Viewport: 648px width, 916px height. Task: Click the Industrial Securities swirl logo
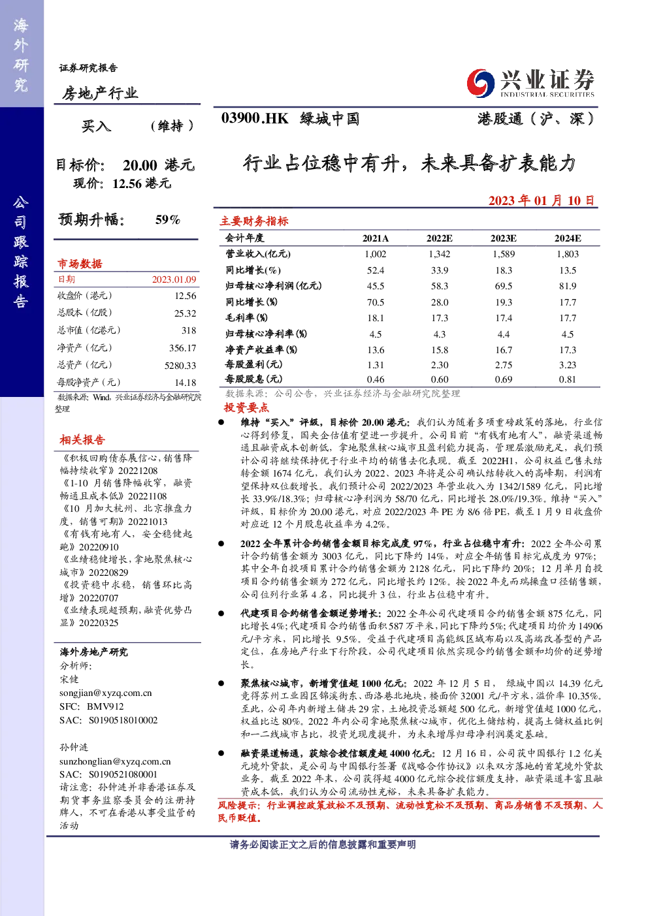coord(480,83)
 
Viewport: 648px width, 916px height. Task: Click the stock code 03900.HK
coord(255,118)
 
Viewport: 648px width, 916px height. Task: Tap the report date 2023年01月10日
coord(541,200)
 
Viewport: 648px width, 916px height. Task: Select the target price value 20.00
coord(140,165)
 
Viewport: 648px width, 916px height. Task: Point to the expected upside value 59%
coord(168,219)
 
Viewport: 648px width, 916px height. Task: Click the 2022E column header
coord(440,238)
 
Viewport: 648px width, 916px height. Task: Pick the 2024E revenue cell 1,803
coord(568,254)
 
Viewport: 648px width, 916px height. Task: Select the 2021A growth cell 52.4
coord(375,270)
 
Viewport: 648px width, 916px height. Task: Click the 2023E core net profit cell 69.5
coord(503,286)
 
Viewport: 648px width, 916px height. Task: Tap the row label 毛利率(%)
coord(246,318)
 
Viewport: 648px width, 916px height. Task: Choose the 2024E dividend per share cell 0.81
coord(568,379)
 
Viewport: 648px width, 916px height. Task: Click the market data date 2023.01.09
coord(174,279)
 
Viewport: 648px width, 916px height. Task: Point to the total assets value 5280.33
coord(180,365)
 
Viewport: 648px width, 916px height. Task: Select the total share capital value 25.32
coord(185,313)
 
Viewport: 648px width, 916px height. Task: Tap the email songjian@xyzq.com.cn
coord(106,693)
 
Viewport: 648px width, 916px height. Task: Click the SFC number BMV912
coord(105,706)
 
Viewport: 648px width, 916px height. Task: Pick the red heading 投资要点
coord(246,407)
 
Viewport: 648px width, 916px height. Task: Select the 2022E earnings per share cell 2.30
coord(440,365)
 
